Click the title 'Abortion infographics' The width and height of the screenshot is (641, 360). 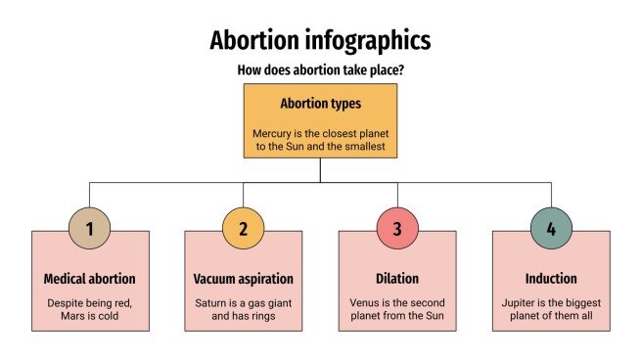click(x=320, y=41)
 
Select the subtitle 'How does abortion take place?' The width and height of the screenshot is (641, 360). click(x=320, y=70)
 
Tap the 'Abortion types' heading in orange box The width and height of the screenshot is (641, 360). click(x=320, y=103)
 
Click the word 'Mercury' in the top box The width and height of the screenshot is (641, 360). click(x=273, y=132)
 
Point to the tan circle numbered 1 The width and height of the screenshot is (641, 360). click(x=89, y=229)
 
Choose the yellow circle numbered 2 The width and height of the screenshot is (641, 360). click(x=243, y=229)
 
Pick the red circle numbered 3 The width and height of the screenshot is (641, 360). click(x=396, y=229)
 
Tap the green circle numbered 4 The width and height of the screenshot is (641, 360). click(x=550, y=229)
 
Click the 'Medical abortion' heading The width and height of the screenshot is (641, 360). click(x=89, y=279)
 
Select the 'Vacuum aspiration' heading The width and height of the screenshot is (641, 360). click(x=243, y=279)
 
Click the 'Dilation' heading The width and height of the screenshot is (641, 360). click(x=396, y=279)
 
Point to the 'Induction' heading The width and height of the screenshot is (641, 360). click(x=550, y=279)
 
